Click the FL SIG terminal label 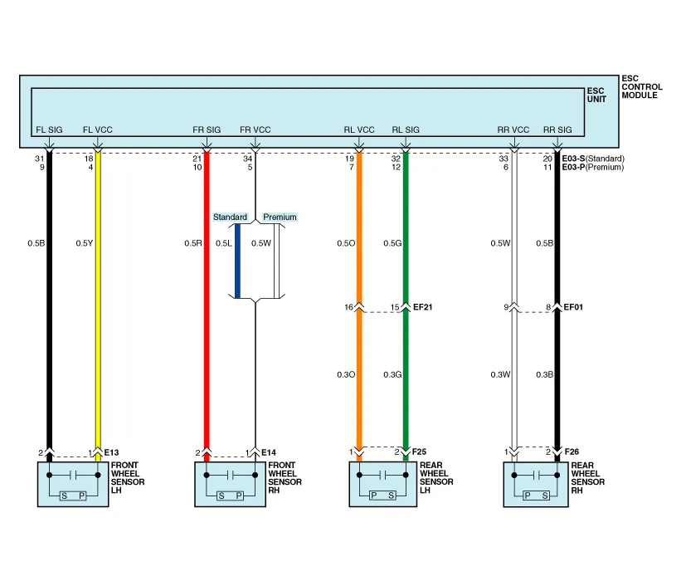click(49, 130)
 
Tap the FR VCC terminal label click(255, 130)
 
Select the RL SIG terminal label click(406, 130)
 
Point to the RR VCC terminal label click(513, 130)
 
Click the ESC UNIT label click(596, 95)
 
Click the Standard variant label click(230, 217)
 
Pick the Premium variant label click(280, 217)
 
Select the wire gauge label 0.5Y click(85, 243)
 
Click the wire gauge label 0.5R click(192, 243)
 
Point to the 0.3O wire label click(346, 375)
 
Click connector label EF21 click(423, 307)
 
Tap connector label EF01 click(574, 307)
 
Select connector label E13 click(112, 452)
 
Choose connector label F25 click(420, 452)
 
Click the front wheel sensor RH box click(229, 484)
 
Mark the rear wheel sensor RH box click(536, 484)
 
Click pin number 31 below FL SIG click(39, 159)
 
